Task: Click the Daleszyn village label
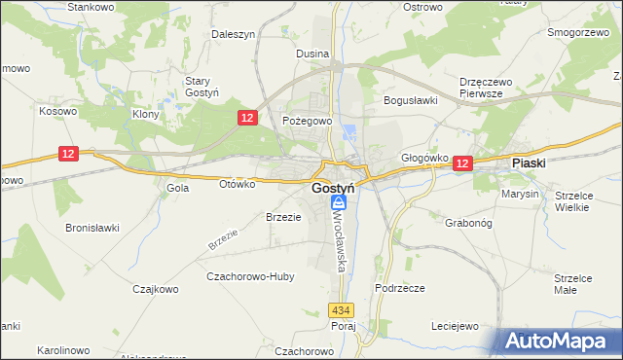(233, 33)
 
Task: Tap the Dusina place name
(312, 54)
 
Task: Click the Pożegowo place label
(308, 121)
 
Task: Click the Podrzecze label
(400, 288)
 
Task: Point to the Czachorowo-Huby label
(250, 276)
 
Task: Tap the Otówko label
(237, 183)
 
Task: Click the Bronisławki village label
(92, 228)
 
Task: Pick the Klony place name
(145, 114)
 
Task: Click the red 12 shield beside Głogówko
(461, 165)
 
